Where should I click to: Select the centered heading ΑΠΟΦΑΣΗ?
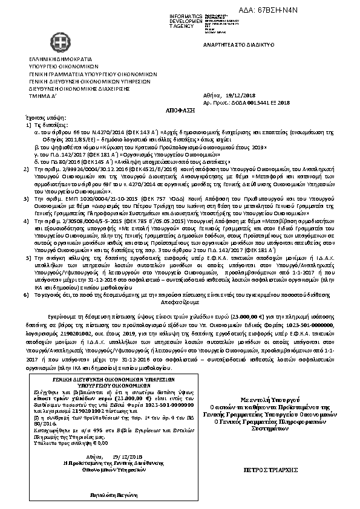pos(179,112)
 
